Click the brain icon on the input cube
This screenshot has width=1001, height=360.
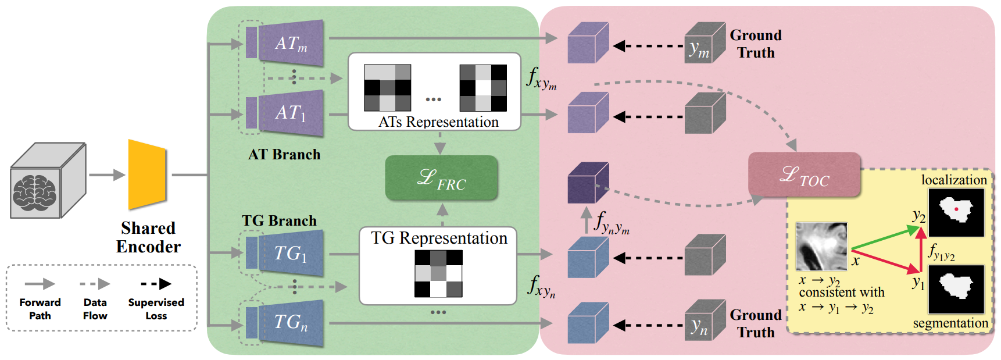click(35, 192)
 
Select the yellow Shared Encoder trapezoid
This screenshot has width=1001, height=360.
click(147, 174)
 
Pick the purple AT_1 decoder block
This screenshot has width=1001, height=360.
click(291, 113)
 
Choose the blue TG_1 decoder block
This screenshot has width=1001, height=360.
click(291, 253)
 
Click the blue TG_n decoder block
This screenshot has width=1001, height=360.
click(291, 322)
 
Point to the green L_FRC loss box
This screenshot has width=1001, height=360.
click(441, 178)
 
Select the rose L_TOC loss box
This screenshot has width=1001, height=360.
click(804, 174)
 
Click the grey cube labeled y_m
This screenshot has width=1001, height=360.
click(705, 43)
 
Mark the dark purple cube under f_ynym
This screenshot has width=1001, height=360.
click(587, 183)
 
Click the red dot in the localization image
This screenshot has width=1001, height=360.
click(956, 209)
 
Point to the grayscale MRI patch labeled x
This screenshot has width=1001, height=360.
click(821, 246)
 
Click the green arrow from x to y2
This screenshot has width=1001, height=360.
click(884, 238)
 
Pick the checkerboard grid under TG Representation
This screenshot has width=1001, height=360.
click(438, 273)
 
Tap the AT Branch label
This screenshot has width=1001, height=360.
click(284, 155)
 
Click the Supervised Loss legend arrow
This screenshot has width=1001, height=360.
click(156, 284)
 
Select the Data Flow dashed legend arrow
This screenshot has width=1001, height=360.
click(95, 284)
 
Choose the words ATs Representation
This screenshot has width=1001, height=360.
click(438, 122)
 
